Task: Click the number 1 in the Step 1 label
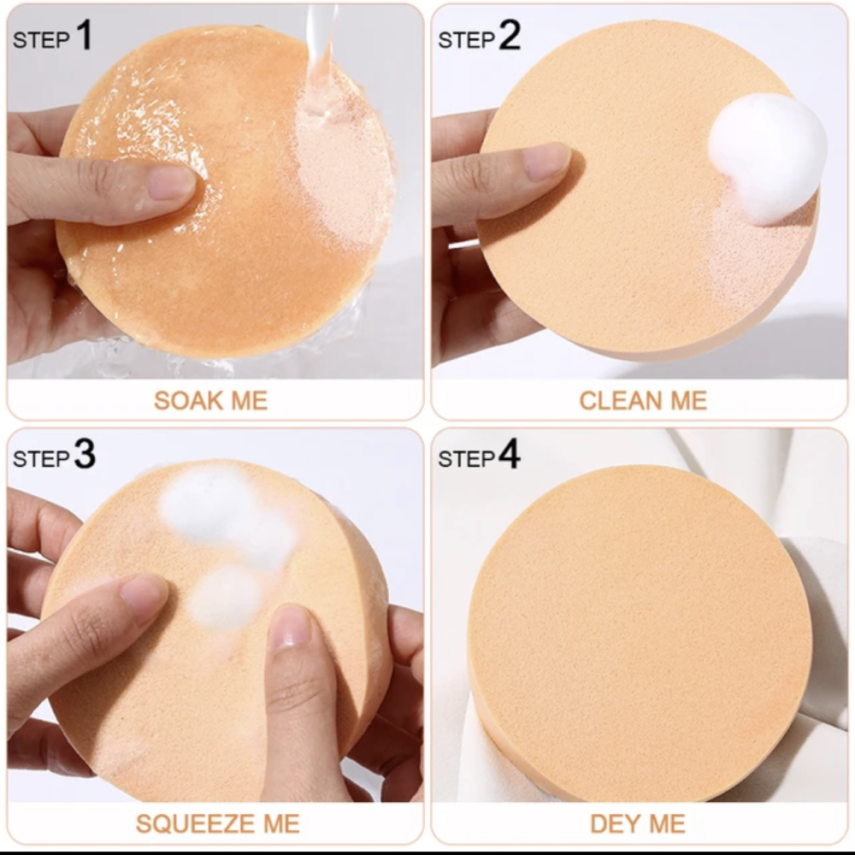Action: coord(84,35)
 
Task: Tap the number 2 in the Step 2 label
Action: coord(510,35)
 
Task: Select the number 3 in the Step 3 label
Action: coord(85,454)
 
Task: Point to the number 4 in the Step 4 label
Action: coord(510,454)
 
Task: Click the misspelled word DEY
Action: coord(613,824)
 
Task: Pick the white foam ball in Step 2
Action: coord(767,158)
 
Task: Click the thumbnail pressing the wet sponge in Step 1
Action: coord(171,183)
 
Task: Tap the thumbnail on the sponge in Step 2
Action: coord(545,162)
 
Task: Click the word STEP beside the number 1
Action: coord(41,40)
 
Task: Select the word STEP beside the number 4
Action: coord(467,459)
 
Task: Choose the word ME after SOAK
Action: coord(250,401)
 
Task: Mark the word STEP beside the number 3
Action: coord(41,459)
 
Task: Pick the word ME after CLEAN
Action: coord(688,401)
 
